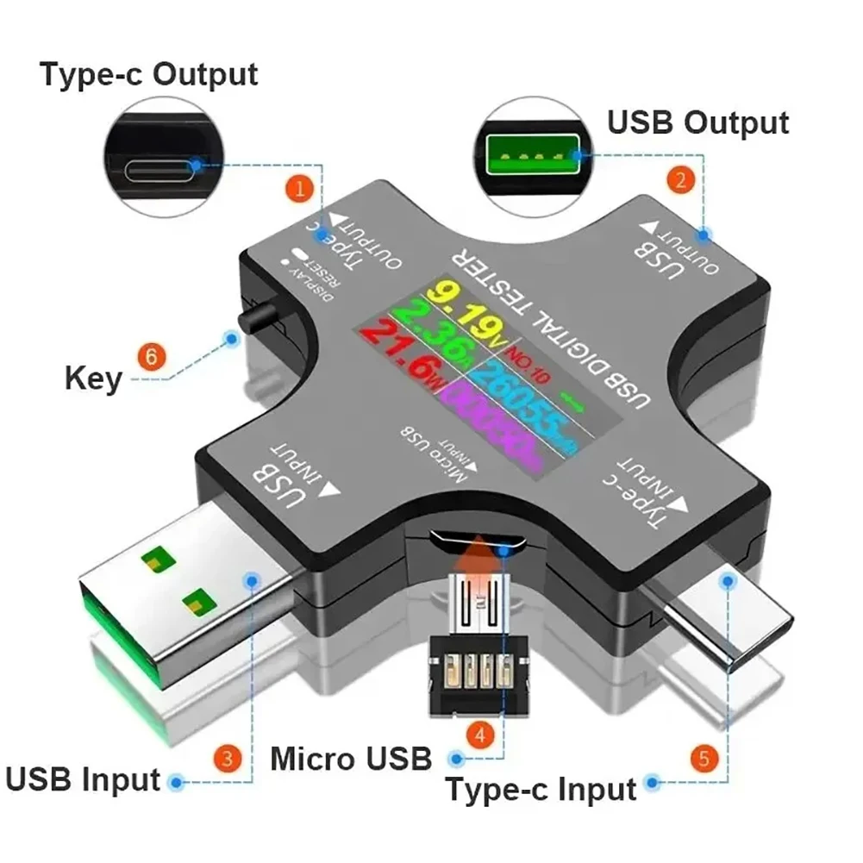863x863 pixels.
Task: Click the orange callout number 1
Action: (x=300, y=189)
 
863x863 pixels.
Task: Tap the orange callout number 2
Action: (x=681, y=181)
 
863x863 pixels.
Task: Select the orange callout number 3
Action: (x=227, y=759)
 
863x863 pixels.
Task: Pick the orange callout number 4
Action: (x=480, y=735)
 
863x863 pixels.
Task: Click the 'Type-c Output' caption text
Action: (x=147, y=74)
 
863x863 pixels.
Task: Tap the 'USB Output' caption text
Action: (x=697, y=122)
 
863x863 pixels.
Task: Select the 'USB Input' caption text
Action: (x=83, y=779)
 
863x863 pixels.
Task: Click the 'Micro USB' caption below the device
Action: (x=350, y=759)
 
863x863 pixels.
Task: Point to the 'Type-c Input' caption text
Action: (x=541, y=788)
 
